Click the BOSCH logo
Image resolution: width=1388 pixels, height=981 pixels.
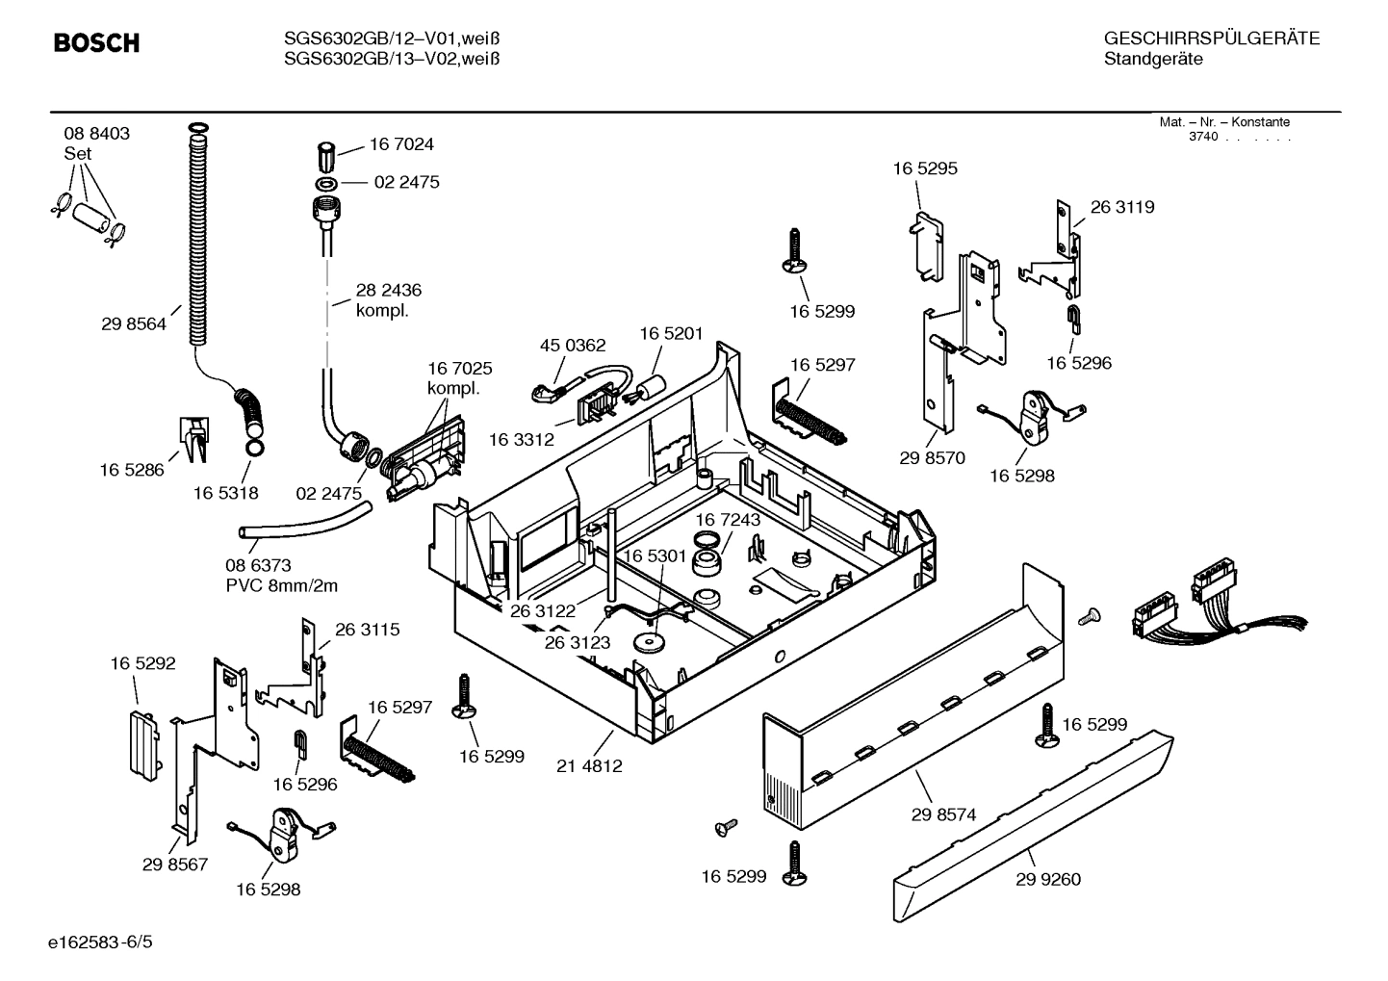[x=96, y=43]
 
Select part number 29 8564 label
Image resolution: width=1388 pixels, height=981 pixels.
[x=133, y=324]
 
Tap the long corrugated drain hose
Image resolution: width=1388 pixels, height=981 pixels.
[x=198, y=241]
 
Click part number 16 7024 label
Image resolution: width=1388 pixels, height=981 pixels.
[x=401, y=144]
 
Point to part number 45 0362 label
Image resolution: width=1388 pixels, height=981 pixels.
[x=573, y=346]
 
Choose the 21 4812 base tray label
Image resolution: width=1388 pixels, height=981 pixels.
[x=589, y=766]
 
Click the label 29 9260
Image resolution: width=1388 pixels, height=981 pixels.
[x=1048, y=879]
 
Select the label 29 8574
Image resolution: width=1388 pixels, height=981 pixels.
[x=943, y=814]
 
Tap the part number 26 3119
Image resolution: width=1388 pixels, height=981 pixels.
[x=1122, y=207]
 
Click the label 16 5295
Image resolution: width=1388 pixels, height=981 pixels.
[x=925, y=168]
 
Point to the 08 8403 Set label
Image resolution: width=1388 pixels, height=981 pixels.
[x=96, y=143]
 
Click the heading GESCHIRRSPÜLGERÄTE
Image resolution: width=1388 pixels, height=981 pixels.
[x=1211, y=39]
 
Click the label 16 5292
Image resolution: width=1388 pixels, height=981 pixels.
[x=142, y=663]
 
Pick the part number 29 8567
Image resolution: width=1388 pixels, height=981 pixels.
[x=175, y=865]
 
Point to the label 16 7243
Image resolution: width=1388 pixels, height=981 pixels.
[x=728, y=520]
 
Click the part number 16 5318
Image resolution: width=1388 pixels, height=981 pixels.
[x=225, y=493]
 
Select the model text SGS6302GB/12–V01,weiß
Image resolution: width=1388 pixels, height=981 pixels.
[x=392, y=39]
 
